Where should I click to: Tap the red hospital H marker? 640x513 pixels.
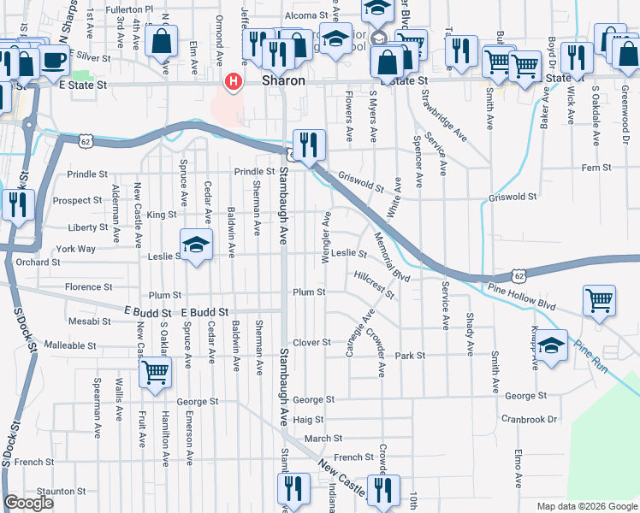(x=232, y=82)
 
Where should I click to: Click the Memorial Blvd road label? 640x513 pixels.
(x=393, y=260)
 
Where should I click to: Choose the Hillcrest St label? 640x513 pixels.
(x=374, y=285)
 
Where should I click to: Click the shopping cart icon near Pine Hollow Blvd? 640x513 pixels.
(x=599, y=300)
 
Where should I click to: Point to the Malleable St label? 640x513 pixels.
(x=69, y=346)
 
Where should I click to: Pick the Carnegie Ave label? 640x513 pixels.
(x=359, y=334)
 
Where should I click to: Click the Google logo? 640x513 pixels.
(x=28, y=503)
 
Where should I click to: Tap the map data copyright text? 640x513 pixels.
(x=585, y=506)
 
